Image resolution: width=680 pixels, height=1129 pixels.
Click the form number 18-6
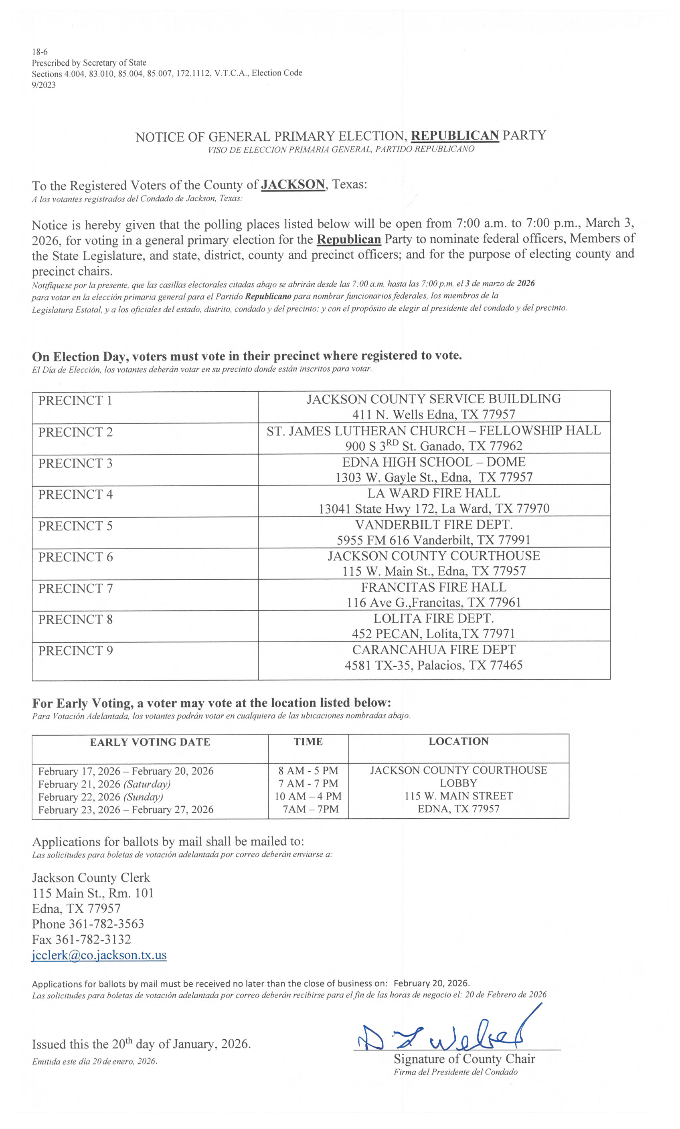(x=40, y=52)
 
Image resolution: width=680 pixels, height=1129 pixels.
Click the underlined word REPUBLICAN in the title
(x=455, y=136)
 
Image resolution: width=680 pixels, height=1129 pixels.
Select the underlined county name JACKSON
(x=293, y=185)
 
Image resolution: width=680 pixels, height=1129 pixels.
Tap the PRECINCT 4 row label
(x=75, y=494)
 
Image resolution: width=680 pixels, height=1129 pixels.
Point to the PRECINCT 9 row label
(x=75, y=651)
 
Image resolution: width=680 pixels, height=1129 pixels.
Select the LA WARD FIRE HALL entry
(x=433, y=493)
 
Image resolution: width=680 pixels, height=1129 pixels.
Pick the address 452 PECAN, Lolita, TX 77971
(x=433, y=634)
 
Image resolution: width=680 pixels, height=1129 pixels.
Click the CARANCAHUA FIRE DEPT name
(x=433, y=650)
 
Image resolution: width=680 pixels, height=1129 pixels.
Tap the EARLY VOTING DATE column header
(x=150, y=742)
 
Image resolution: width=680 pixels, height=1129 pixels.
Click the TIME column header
(x=308, y=742)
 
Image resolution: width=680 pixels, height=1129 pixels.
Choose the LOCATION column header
(x=458, y=741)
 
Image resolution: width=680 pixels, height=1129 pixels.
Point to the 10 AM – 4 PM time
(x=308, y=796)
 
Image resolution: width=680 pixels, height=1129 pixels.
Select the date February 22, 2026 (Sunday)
(x=100, y=797)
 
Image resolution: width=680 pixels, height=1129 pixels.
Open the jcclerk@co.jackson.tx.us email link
(x=99, y=955)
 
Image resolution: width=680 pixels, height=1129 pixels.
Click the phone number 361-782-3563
(x=106, y=924)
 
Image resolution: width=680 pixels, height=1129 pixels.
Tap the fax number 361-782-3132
(x=93, y=939)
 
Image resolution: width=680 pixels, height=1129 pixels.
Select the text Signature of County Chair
(x=464, y=1059)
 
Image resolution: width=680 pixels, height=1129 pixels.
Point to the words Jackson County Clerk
(x=91, y=878)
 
